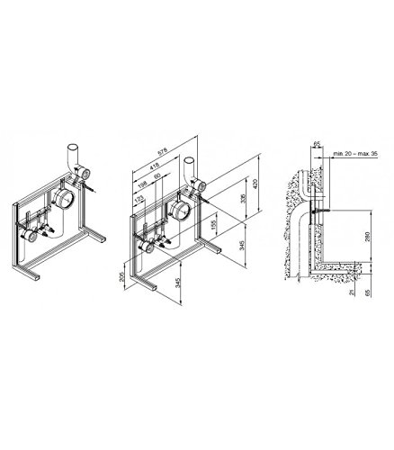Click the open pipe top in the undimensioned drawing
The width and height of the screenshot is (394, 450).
point(73,147)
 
